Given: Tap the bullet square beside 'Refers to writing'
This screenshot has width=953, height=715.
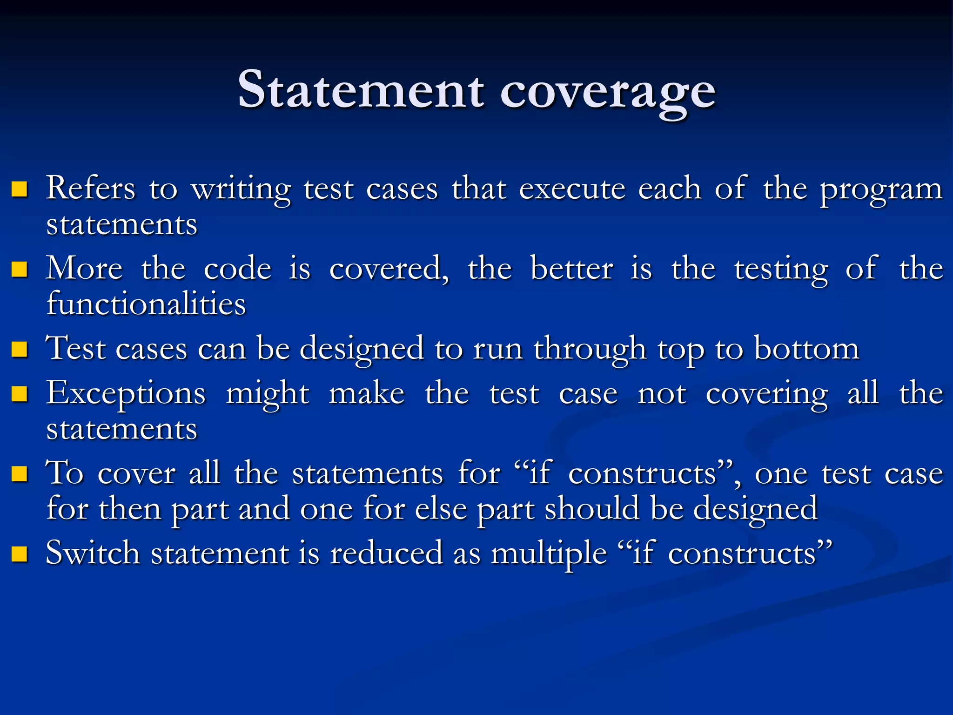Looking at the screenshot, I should pyautogui.click(x=19, y=189).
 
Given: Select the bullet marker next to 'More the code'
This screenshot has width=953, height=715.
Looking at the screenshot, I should pyautogui.click(x=19, y=269).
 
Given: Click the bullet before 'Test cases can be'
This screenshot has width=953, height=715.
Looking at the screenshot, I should pyautogui.click(x=19, y=349).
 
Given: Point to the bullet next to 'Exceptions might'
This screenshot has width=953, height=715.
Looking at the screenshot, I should pyautogui.click(x=19, y=394).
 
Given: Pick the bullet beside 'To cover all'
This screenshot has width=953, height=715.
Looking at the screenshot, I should pyautogui.click(x=19, y=474).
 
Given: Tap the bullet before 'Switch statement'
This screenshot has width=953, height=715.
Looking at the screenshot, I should pyautogui.click(x=19, y=554).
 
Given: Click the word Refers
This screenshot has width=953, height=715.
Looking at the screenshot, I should pyautogui.click(x=91, y=189).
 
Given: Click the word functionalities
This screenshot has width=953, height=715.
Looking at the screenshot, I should pyautogui.click(x=146, y=304).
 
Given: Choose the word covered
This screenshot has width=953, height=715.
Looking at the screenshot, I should pyautogui.click(x=389, y=269).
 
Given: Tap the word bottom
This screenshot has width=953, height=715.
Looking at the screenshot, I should pyautogui.click(x=806, y=349).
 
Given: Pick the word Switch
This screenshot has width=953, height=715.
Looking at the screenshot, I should pyautogui.click(x=93, y=553).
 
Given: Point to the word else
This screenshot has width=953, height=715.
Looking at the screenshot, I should pyautogui.click(x=441, y=509).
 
